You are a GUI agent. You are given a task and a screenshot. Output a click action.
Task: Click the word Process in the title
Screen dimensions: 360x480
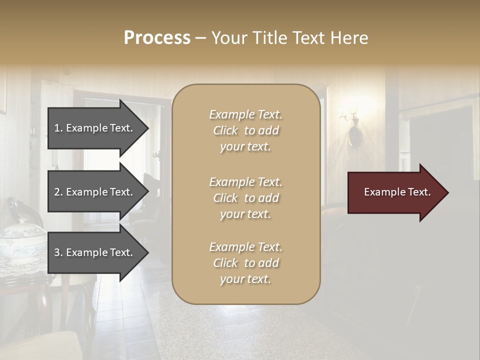tap(157, 38)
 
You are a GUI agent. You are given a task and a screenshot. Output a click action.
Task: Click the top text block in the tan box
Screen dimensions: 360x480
tap(245, 130)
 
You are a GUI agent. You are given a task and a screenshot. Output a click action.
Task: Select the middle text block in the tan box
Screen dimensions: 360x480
tap(245, 198)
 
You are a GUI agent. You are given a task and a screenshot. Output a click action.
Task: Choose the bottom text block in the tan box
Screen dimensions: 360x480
tap(245, 263)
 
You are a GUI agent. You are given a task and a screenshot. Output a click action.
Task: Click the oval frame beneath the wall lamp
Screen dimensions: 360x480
tap(354, 136)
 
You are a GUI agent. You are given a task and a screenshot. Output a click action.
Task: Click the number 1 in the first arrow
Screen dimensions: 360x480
tap(57, 128)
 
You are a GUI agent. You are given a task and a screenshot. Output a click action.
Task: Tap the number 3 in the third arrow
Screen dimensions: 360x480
tap(57, 252)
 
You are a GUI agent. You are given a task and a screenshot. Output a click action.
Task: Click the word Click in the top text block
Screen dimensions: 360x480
tap(225, 130)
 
